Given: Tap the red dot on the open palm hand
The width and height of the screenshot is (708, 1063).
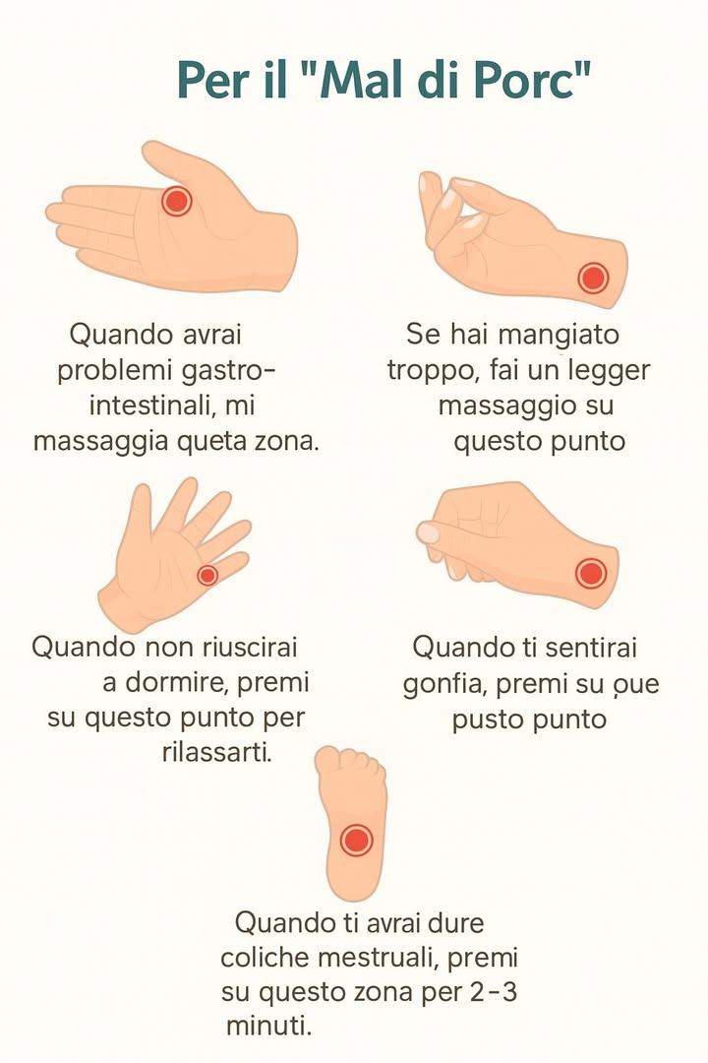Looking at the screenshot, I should (x=176, y=201).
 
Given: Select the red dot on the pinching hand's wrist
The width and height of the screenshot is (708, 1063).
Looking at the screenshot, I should (x=593, y=278).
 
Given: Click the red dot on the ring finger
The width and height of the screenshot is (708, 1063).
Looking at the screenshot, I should (x=207, y=575).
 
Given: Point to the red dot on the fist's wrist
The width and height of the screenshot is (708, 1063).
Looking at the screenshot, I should (x=590, y=572).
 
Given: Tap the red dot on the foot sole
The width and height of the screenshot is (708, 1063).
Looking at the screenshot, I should (x=356, y=841).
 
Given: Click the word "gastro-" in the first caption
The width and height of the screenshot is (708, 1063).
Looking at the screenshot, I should (x=227, y=371).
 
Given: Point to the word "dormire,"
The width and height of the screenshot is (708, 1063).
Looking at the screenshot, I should (x=188, y=682).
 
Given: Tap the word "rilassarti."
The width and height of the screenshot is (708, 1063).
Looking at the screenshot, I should (x=215, y=753).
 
